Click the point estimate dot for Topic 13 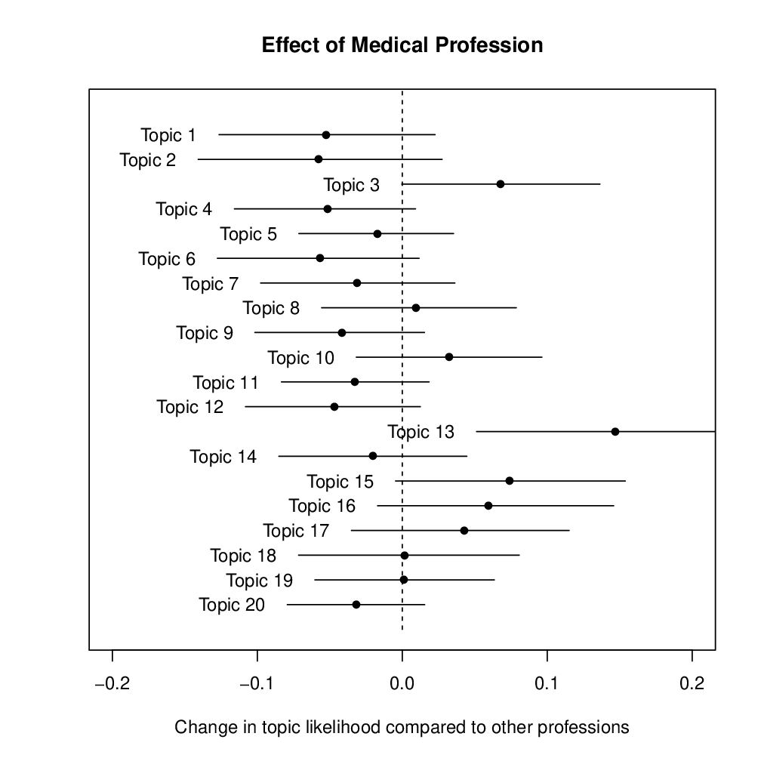pyautogui.click(x=615, y=432)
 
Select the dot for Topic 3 pyautogui.click(x=501, y=184)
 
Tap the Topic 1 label pyautogui.click(x=168, y=135)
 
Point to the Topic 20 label pyautogui.click(x=232, y=605)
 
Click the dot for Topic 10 pyautogui.click(x=449, y=357)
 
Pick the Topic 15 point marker pyautogui.click(x=510, y=481)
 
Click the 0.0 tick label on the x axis pyautogui.click(x=402, y=683)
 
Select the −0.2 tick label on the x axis pyautogui.click(x=112, y=683)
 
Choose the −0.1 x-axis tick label pyautogui.click(x=257, y=683)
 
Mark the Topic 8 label pyautogui.click(x=271, y=308)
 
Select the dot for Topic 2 pyautogui.click(x=319, y=159)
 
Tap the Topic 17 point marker pyautogui.click(x=464, y=531)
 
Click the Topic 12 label pyautogui.click(x=190, y=407)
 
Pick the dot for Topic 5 pyautogui.click(x=377, y=234)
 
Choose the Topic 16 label pyautogui.click(x=322, y=506)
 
